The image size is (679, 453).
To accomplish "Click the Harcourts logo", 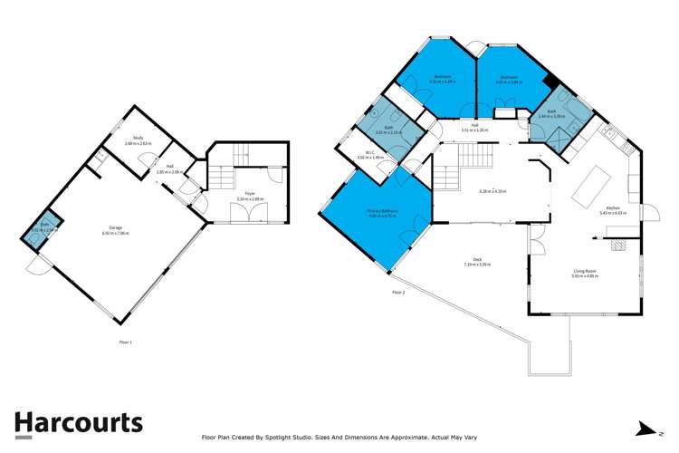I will [x=78, y=423].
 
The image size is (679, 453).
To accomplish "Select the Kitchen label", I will [x=613, y=209].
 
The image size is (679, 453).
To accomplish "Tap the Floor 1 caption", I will [x=125, y=342].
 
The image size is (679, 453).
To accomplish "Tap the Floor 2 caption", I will [x=398, y=293].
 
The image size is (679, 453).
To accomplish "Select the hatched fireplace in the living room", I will [x=619, y=243].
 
